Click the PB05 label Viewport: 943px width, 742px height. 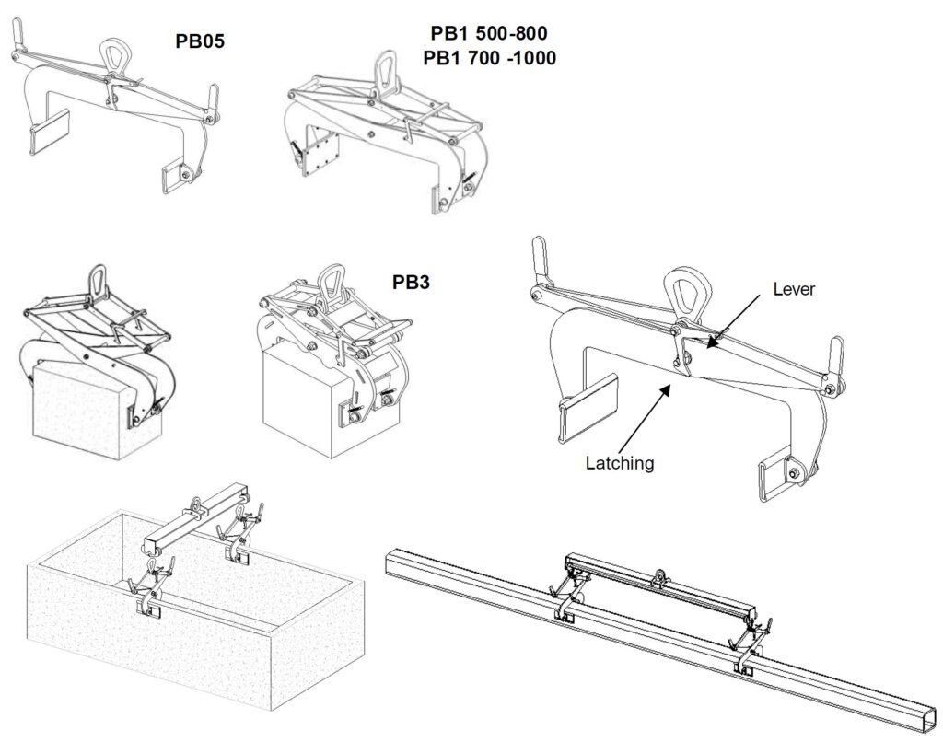(x=202, y=41)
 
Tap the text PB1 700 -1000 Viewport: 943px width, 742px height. (x=489, y=57)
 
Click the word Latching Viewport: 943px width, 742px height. (x=620, y=463)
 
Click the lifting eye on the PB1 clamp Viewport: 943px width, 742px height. (x=386, y=71)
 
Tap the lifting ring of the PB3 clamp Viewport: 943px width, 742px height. (x=329, y=280)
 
